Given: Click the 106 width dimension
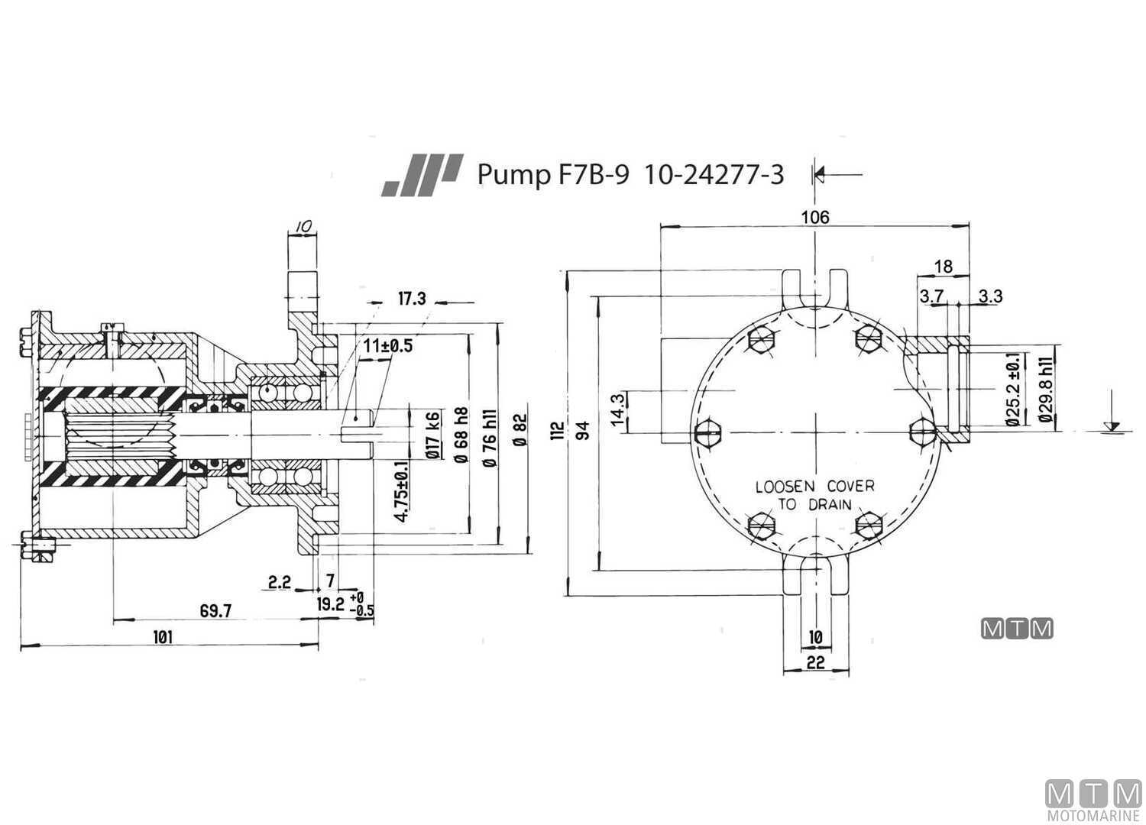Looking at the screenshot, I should tap(814, 217).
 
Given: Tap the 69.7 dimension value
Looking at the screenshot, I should tap(215, 610).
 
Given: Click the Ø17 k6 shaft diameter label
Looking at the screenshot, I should tap(433, 435).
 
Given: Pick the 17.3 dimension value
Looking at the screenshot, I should tap(411, 299).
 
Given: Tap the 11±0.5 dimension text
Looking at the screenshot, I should tap(387, 346).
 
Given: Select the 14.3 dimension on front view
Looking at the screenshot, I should tap(620, 410).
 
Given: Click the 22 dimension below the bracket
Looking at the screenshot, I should tap(816, 662).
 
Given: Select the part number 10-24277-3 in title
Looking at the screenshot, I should tap(714, 175).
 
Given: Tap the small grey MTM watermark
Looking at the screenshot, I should tap(1017, 629).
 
